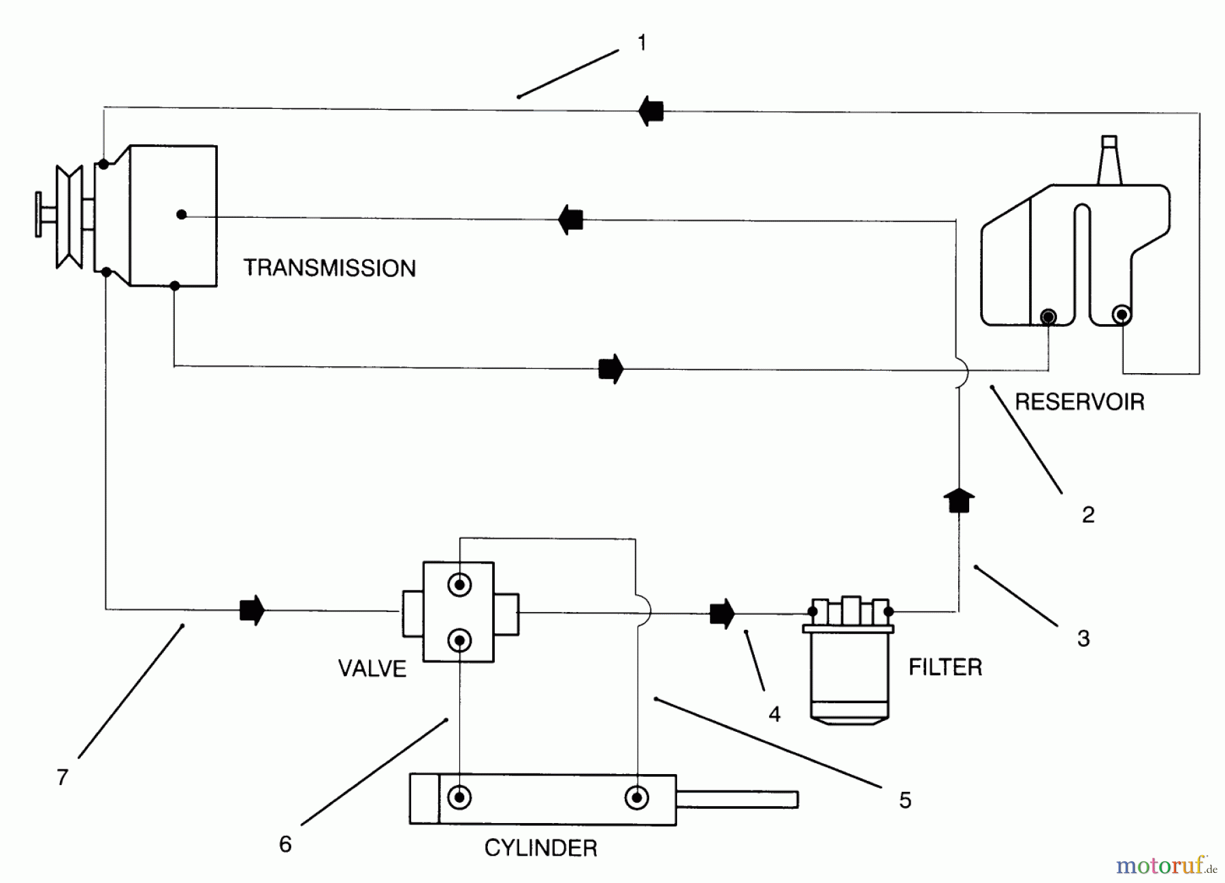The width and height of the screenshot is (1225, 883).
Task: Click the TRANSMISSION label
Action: (329, 268)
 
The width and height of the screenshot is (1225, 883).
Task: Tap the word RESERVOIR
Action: (1079, 402)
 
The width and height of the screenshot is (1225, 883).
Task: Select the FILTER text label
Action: (945, 667)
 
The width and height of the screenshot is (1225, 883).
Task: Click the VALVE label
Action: (372, 669)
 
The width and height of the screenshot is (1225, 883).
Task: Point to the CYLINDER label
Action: (541, 848)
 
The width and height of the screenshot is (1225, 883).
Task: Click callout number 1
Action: (642, 43)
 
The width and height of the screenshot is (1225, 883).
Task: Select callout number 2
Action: (1088, 515)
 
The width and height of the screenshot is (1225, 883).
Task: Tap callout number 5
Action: (904, 800)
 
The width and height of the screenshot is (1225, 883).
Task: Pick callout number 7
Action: (63, 777)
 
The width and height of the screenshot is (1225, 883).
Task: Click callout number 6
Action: (285, 844)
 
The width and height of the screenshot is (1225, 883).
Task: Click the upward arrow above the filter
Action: (959, 501)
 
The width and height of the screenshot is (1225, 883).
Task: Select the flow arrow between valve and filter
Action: (722, 613)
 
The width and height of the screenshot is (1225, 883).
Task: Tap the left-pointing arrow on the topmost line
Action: (651, 110)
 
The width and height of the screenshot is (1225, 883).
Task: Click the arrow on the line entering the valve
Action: (252, 610)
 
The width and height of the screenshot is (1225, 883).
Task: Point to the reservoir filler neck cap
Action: (1109, 142)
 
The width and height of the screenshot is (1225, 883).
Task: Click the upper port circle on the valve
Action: (460, 584)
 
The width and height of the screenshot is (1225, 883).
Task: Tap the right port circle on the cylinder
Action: (638, 797)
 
